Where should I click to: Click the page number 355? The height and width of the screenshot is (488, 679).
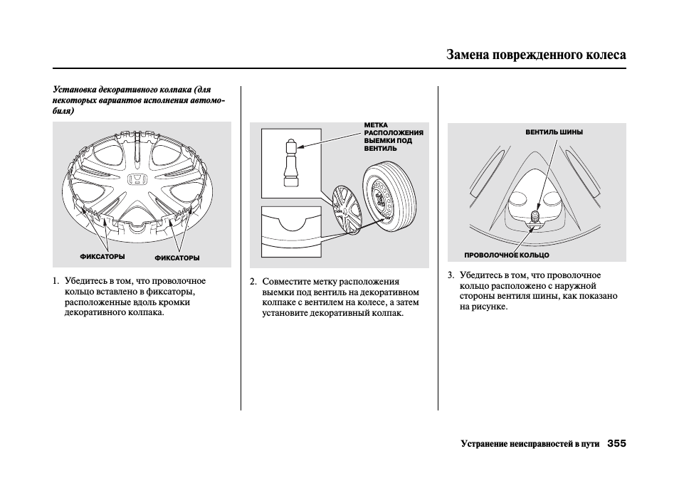pos(616,444)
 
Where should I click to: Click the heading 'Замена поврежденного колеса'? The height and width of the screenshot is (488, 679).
pos(537,55)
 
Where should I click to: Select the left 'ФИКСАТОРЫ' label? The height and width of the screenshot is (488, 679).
pos(102,256)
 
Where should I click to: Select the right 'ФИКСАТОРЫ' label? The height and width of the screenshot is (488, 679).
pos(177,258)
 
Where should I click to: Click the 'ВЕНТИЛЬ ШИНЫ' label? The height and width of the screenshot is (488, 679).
pos(554,132)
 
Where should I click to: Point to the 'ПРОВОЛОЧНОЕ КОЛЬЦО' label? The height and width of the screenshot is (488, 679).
pos(507,255)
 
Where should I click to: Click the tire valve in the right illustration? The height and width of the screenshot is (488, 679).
pos(535,215)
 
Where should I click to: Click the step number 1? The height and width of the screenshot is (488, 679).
pos(56,281)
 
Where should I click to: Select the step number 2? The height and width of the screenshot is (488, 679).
pos(253,282)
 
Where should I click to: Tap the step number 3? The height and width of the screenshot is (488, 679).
pos(451,275)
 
